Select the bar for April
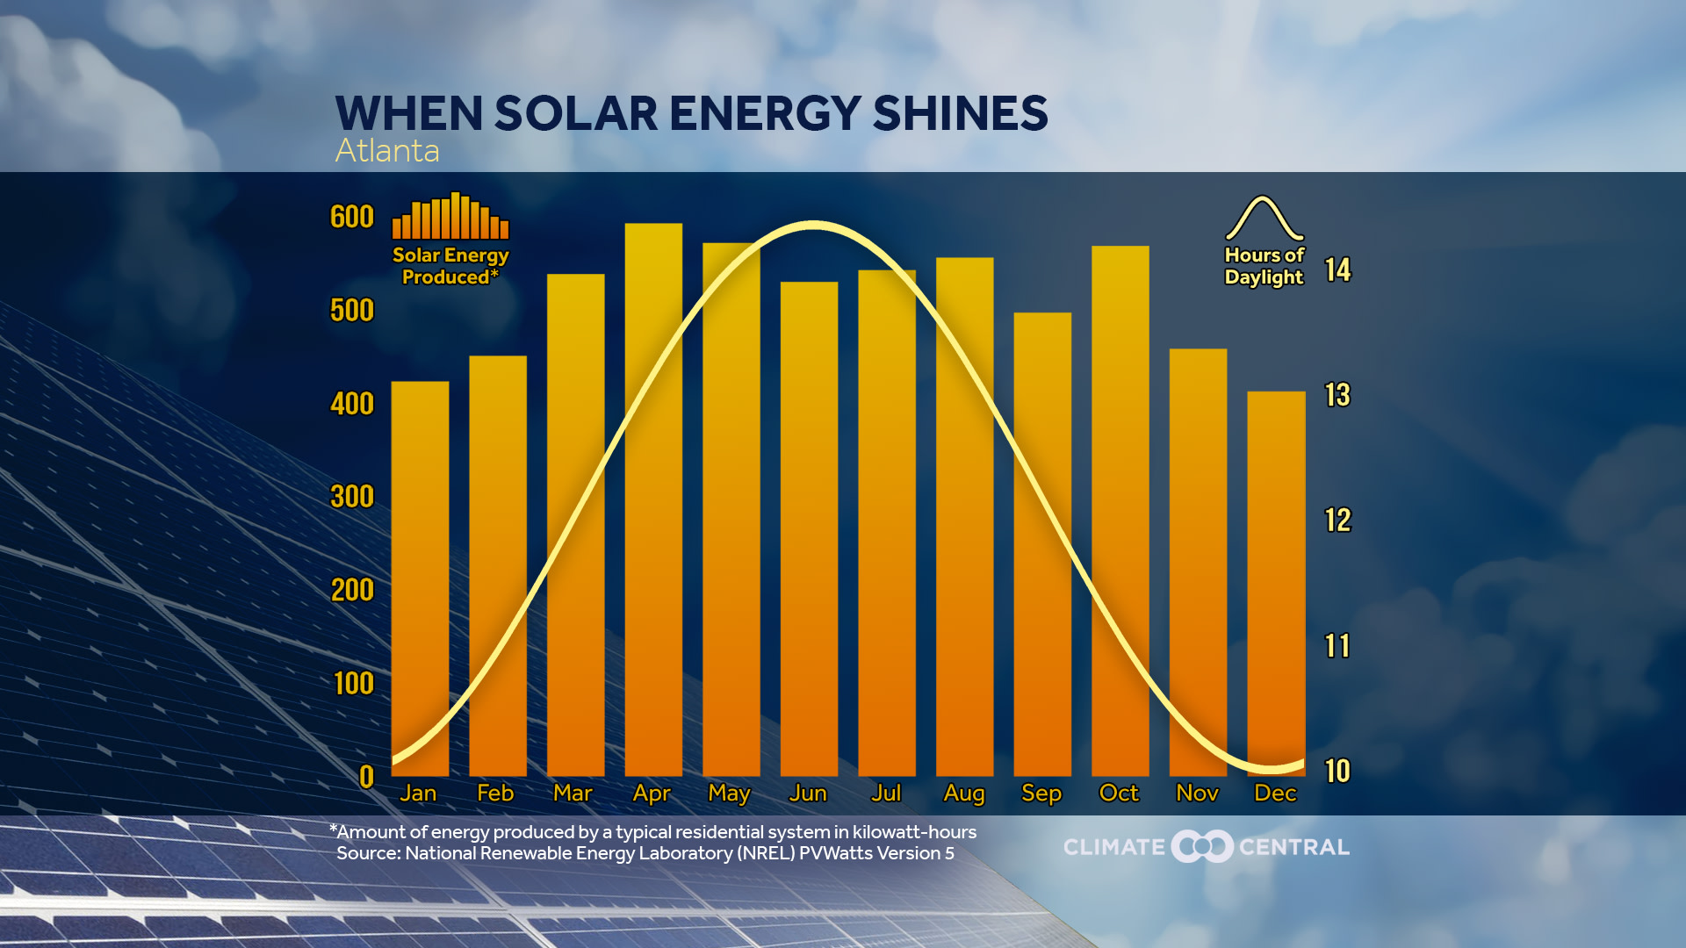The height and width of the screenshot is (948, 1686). tap(653, 500)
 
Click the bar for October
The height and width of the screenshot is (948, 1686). tap(1120, 509)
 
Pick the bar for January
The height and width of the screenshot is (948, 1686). tap(420, 579)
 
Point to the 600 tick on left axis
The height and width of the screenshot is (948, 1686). tap(351, 217)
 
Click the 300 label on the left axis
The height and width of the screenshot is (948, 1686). tap(351, 497)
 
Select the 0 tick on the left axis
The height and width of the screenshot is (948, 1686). tap(366, 777)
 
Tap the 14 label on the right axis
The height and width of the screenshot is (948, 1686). tap(1337, 269)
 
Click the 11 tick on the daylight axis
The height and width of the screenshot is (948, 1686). tap(1337, 646)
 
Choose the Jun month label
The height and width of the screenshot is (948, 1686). tap(808, 794)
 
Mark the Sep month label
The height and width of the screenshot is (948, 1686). tap(1041, 794)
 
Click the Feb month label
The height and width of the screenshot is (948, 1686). tap(495, 794)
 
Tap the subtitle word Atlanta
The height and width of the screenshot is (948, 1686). tap(387, 151)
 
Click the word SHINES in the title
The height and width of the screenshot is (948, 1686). tap(960, 114)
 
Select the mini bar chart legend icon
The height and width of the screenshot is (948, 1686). tap(450, 216)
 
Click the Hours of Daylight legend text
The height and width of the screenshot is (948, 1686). tap(1264, 266)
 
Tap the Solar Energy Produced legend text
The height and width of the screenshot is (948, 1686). tap(450, 266)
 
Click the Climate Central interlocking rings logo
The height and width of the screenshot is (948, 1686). tap(1203, 847)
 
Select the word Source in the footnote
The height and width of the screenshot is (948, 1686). tap(367, 853)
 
